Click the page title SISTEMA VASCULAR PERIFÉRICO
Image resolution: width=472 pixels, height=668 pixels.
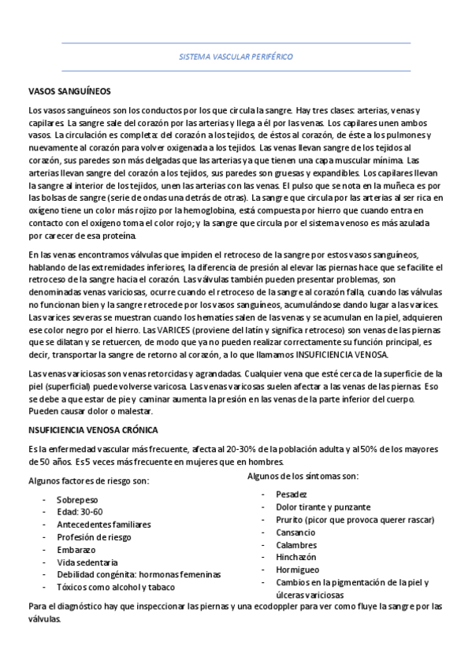[x=236, y=58]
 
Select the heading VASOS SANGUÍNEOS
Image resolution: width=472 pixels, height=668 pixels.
[x=69, y=91]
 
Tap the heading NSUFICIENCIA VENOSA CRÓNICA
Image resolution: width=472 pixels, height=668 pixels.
[x=93, y=430]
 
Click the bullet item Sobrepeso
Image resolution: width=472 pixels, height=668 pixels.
[x=77, y=499]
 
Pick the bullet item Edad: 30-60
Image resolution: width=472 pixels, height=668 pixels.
[x=80, y=512]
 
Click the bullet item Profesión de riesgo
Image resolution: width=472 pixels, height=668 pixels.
[x=95, y=537]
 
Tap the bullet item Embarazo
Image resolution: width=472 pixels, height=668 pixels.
[x=76, y=550]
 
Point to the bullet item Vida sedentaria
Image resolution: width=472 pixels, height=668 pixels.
[x=87, y=562]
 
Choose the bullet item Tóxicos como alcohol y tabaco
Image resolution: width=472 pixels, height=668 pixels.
[x=116, y=587]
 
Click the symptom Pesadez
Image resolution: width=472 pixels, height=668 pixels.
[x=292, y=494]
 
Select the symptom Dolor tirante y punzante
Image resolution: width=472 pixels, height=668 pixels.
[x=323, y=507]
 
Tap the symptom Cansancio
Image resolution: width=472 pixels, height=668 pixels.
[x=296, y=532]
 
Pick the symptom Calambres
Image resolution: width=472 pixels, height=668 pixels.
[x=296, y=544]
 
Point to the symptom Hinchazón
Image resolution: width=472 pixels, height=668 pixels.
[x=296, y=557]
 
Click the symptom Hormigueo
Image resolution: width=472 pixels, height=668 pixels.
[x=297, y=570]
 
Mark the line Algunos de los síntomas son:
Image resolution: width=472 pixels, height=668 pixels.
[x=303, y=476]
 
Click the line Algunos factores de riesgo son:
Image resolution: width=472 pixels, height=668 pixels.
[x=88, y=481]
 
